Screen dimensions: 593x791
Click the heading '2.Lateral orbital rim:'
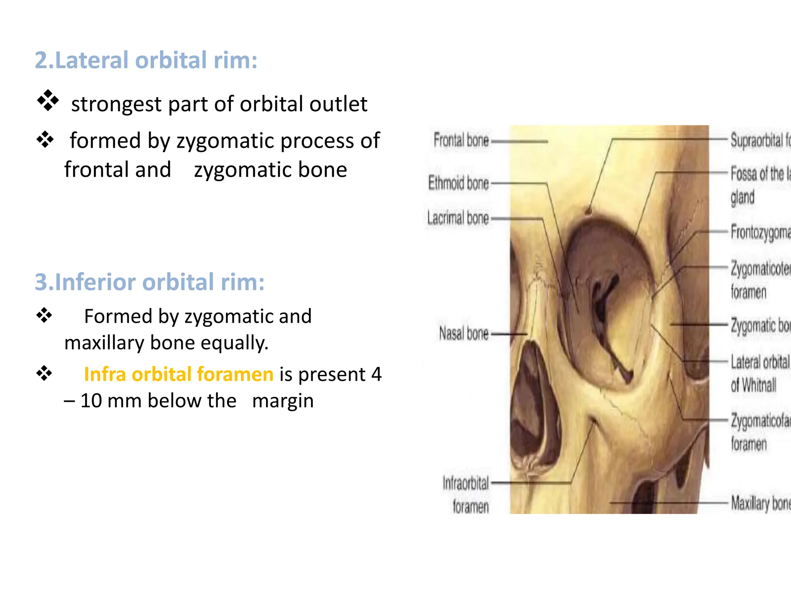click(x=146, y=60)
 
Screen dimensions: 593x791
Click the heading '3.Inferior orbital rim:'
click(x=149, y=282)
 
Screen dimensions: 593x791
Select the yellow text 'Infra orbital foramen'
click(x=178, y=374)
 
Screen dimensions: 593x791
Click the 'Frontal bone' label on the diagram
click(x=461, y=140)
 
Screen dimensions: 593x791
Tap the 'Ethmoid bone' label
click(x=458, y=183)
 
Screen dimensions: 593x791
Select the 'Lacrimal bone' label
click(x=458, y=218)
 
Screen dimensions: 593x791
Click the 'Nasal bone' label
click(x=464, y=333)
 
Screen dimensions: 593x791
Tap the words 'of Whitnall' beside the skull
click(x=753, y=385)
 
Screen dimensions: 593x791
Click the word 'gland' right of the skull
click(x=742, y=198)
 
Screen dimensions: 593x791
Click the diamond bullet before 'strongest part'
click(x=48, y=101)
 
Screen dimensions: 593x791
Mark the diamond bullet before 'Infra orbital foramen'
click(x=44, y=373)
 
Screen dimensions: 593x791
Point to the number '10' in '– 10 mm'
click(x=91, y=401)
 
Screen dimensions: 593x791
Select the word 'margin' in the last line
click(x=283, y=401)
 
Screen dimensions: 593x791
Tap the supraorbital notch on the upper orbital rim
click(x=589, y=211)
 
